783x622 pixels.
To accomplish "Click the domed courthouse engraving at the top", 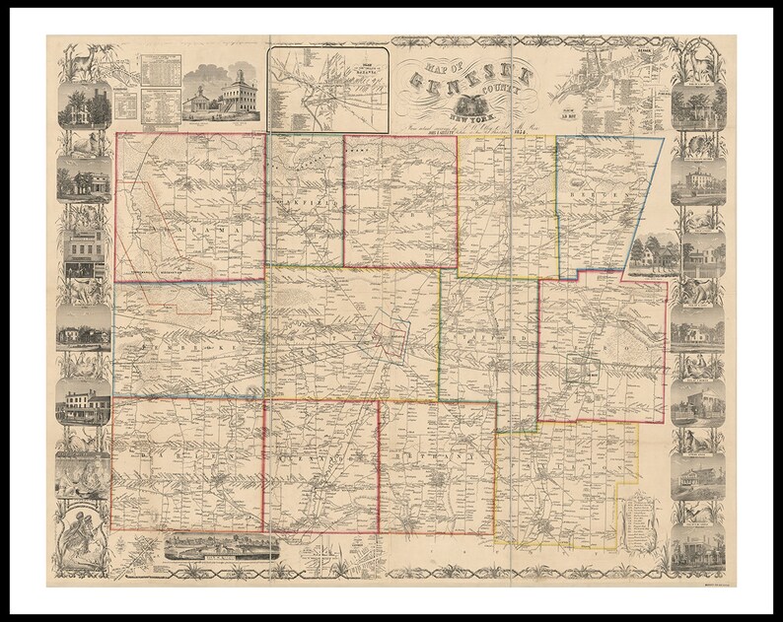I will [226, 95].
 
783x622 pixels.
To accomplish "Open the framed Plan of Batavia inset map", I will [326, 89].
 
